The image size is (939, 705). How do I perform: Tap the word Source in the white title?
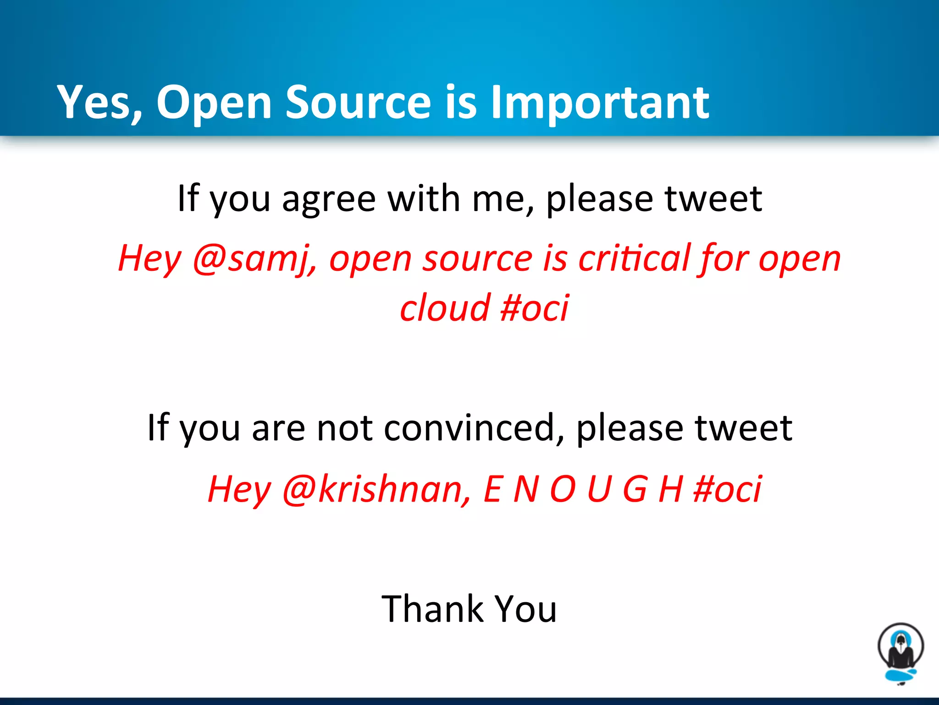pyautogui.click(x=358, y=102)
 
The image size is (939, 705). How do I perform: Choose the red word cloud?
pyautogui.click(x=445, y=308)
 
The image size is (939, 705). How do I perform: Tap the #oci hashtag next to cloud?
pyautogui.click(x=535, y=308)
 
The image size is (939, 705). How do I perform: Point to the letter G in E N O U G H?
pyautogui.click(x=635, y=489)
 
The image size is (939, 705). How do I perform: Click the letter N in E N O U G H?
pyautogui.click(x=526, y=489)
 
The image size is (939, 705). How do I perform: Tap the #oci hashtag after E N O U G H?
pyautogui.click(x=728, y=489)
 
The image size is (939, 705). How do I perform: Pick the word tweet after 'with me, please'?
pyautogui.click(x=713, y=199)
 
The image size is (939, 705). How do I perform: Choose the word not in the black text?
pyautogui.click(x=344, y=428)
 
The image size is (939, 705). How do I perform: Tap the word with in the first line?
pyautogui.click(x=424, y=199)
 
